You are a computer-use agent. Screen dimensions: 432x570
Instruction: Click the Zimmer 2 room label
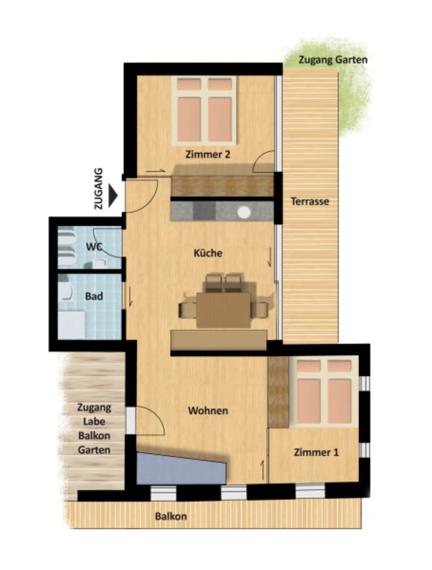point(208,155)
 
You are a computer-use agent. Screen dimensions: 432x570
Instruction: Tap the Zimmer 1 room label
point(316,452)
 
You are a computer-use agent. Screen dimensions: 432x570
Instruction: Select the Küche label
point(208,253)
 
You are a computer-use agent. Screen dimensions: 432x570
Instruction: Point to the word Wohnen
point(208,411)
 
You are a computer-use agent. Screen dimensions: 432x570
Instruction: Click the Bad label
point(94,296)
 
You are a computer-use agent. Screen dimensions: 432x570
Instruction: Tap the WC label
point(94,246)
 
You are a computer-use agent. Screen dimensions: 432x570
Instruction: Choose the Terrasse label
point(310,202)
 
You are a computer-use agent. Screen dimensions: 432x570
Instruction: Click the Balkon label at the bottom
point(171,516)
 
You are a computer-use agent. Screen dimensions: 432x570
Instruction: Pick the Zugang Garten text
point(333,60)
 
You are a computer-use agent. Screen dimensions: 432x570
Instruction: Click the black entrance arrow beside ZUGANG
point(113,196)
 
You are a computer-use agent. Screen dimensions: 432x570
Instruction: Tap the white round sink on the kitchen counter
point(244,212)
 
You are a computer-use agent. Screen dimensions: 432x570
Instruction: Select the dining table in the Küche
point(223,310)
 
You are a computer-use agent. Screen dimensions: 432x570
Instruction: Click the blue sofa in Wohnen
point(181,469)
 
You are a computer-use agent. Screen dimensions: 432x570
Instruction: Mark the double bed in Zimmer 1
point(324,392)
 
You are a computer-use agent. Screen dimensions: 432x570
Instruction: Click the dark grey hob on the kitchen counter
point(204,211)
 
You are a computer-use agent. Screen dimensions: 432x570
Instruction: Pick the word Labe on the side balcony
point(94,422)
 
